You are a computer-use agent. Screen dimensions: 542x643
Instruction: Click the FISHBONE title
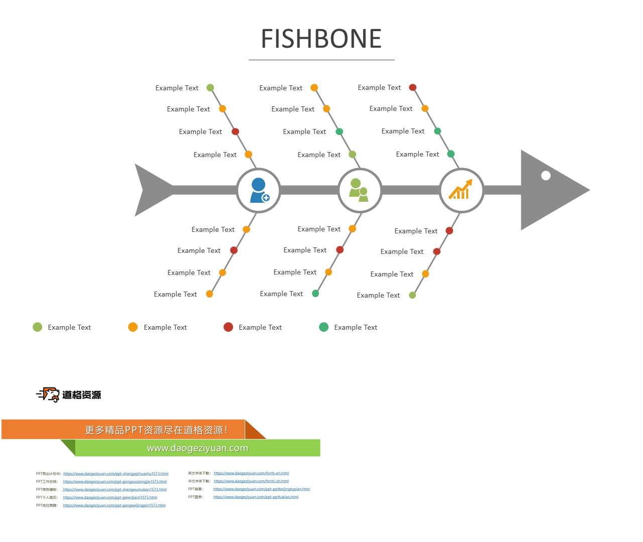tap(321, 39)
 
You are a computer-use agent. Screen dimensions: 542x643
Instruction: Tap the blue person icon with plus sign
tap(259, 190)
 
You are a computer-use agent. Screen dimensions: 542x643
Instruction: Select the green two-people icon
tap(359, 190)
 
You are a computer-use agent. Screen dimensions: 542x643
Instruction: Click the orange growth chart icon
tap(461, 190)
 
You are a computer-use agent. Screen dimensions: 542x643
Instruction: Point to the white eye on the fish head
tap(546, 175)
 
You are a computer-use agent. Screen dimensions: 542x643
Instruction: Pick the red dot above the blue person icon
tap(235, 131)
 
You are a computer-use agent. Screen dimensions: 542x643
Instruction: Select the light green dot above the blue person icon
tap(210, 88)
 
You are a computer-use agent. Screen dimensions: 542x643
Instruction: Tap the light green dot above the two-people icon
tap(353, 155)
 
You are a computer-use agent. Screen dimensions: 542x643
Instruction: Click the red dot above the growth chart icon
tap(413, 87)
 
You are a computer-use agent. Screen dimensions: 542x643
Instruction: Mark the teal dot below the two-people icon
tap(315, 294)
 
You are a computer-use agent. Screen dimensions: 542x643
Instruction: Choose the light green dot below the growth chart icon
tap(412, 295)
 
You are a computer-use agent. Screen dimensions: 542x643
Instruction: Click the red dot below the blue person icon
tap(234, 250)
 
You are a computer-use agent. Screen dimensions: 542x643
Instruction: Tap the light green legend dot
tap(37, 327)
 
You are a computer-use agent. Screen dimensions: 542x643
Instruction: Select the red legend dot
tap(228, 327)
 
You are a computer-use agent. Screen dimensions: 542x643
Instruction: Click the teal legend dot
tap(324, 327)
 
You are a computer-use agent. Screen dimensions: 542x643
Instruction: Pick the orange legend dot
tap(133, 327)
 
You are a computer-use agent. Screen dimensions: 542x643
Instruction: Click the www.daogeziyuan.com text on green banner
tap(197, 448)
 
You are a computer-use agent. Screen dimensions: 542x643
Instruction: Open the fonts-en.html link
tap(251, 473)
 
